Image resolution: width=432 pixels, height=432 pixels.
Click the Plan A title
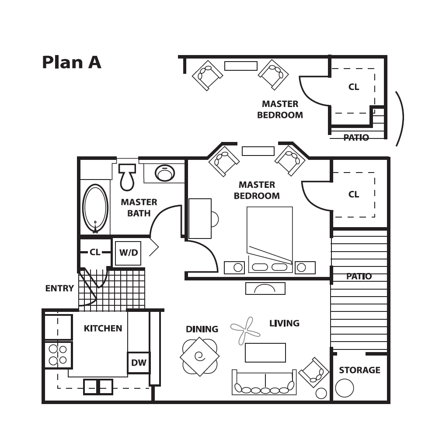click(x=72, y=62)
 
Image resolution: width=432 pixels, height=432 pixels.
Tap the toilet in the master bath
click(x=127, y=177)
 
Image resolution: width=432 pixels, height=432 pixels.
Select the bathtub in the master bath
click(x=95, y=208)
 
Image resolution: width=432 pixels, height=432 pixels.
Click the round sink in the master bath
click(x=165, y=173)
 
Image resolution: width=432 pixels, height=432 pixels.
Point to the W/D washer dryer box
click(x=128, y=253)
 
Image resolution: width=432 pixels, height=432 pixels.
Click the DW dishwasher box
click(x=139, y=363)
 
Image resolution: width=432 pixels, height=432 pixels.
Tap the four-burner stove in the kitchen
click(x=58, y=355)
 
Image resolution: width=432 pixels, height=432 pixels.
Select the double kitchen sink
click(x=98, y=387)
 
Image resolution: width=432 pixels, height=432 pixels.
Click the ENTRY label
click(x=59, y=288)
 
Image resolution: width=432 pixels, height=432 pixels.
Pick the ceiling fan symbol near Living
click(x=245, y=331)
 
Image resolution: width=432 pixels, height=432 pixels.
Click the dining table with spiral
click(x=200, y=356)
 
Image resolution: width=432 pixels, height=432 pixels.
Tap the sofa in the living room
click(x=264, y=382)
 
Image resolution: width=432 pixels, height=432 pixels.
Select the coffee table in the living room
click(x=265, y=353)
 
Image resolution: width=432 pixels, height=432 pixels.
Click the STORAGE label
click(x=360, y=370)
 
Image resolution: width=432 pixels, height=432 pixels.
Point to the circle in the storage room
click(x=345, y=388)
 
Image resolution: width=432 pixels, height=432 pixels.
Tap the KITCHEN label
click(x=103, y=328)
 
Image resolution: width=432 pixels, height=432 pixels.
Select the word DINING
click(x=202, y=329)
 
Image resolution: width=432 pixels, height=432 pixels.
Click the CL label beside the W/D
click(x=95, y=252)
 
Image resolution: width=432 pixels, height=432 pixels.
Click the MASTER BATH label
click(x=139, y=208)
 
